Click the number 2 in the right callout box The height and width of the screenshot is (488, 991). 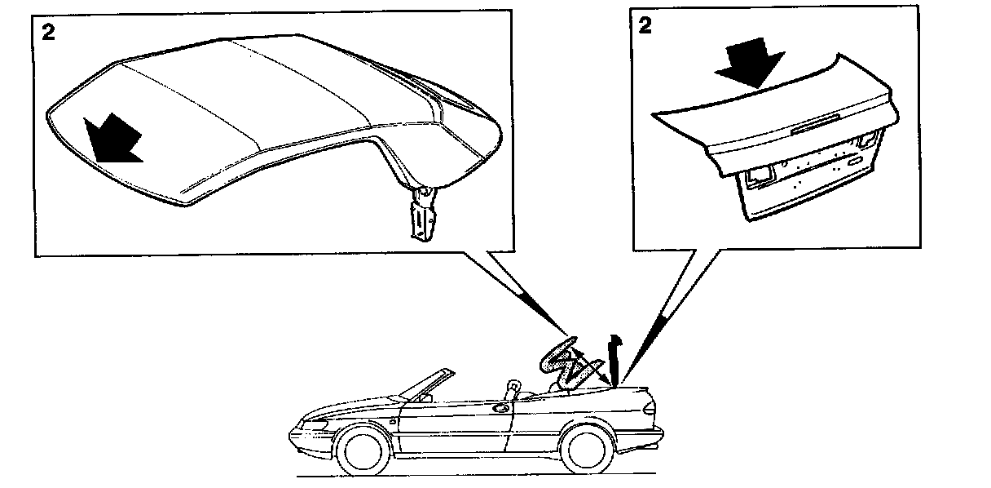[645, 24]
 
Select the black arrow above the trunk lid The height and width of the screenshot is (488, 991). [751, 61]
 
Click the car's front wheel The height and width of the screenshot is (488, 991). [362, 451]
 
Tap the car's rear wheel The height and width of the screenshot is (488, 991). [584, 448]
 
